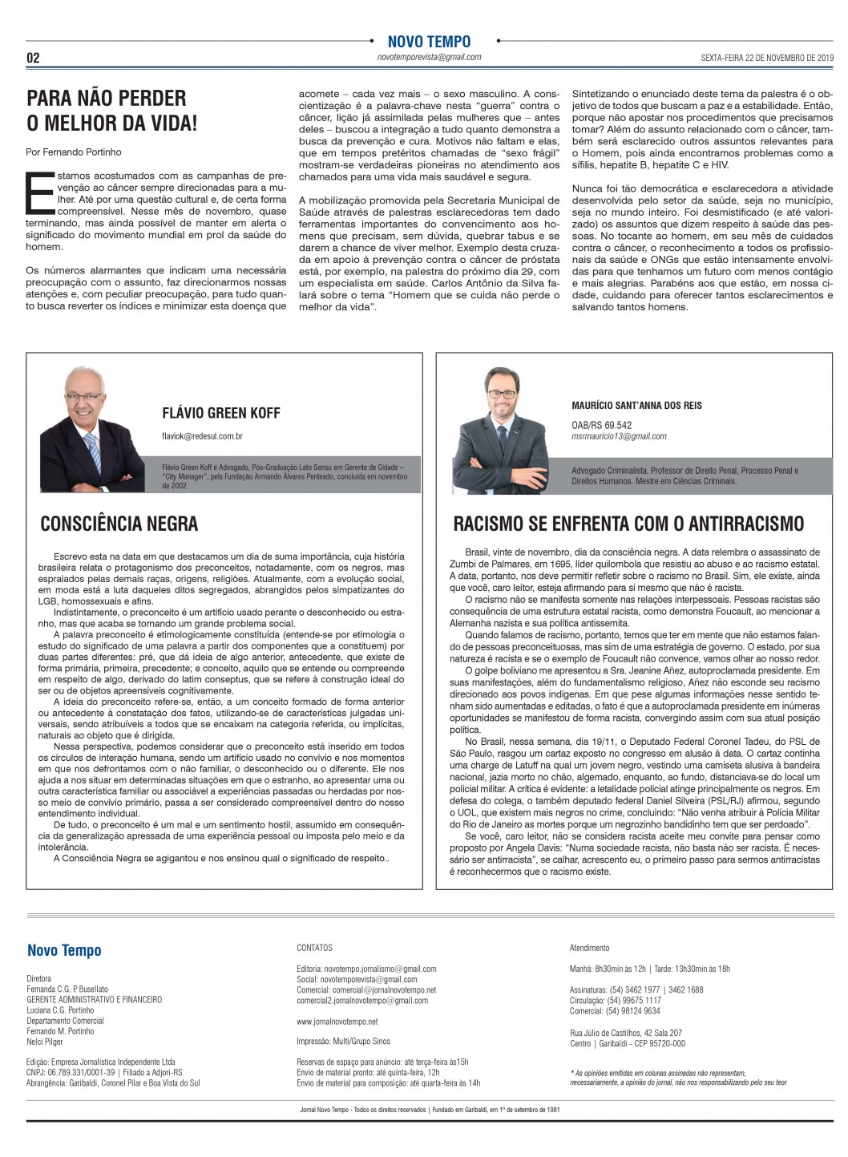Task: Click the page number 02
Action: point(33,58)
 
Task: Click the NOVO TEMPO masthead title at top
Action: point(429,42)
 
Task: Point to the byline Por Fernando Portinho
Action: point(74,152)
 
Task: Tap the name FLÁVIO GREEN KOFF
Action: point(221,413)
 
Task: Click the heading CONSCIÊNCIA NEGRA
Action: point(119,524)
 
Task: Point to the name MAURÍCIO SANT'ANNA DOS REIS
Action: point(636,406)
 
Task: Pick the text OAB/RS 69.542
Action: point(601,425)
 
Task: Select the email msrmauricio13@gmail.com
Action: point(619,436)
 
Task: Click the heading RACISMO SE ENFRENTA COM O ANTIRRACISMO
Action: point(628,524)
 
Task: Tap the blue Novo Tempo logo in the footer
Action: point(64,951)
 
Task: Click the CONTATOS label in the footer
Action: point(314,948)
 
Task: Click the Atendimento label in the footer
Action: point(589,948)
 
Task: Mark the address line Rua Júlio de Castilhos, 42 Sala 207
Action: point(626,1033)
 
